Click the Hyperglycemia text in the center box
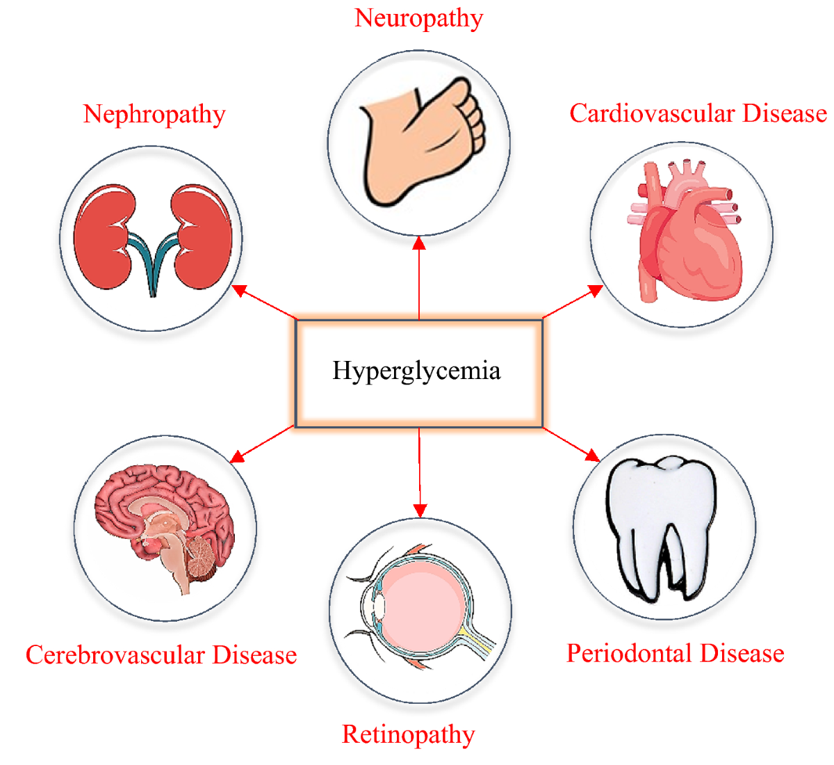click(416, 371)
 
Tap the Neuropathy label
click(418, 19)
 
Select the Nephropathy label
click(154, 114)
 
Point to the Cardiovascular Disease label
click(698, 113)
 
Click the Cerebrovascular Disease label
click(161, 655)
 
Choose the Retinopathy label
click(409, 734)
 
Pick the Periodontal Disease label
click(676, 654)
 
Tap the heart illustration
click(685, 233)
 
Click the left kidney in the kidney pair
click(104, 236)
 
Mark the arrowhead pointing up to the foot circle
click(419, 242)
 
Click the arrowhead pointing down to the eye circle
click(420, 510)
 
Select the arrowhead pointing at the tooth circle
click(592, 456)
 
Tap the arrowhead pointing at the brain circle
click(237, 456)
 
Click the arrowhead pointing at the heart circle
click(595, 289)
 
